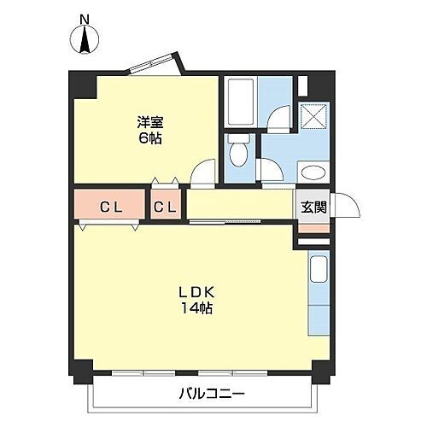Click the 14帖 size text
pyautogui.click(x=195, y=308)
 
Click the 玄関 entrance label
pyautogui.click(x=312, y=207)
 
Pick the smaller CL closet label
pyautogui.click(x=166, y=206)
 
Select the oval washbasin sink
pyautogui.click(x=313, y=173)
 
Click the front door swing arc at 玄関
pyautogui.click(x=343, y=205)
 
